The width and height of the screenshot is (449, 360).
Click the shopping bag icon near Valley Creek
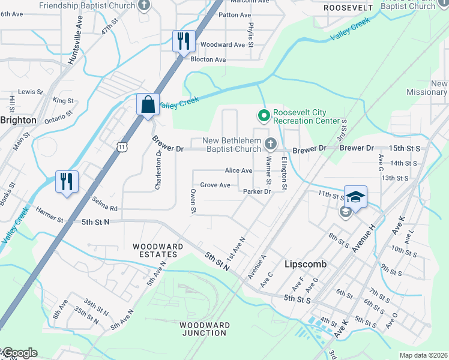click(x=148, y=105)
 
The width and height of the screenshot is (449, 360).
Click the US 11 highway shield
click(x=122, y=146)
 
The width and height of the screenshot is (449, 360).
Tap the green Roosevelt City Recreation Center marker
click(x=263, y=114)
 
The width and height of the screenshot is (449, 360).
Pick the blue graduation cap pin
click(x=355, y=196)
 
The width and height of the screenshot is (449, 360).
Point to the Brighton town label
click(x=18, y=120)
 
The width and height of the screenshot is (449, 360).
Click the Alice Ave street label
click(x=238, y=170)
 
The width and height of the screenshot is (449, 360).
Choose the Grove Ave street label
click(x=215, y=185)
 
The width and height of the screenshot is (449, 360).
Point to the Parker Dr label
click(x=258, y=191)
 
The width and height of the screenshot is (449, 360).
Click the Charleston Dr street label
click(x=158, y=170)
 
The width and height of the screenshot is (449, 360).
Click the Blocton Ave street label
click(x=208, y=59)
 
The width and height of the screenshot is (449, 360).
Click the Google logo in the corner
click(x=19, y=353)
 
